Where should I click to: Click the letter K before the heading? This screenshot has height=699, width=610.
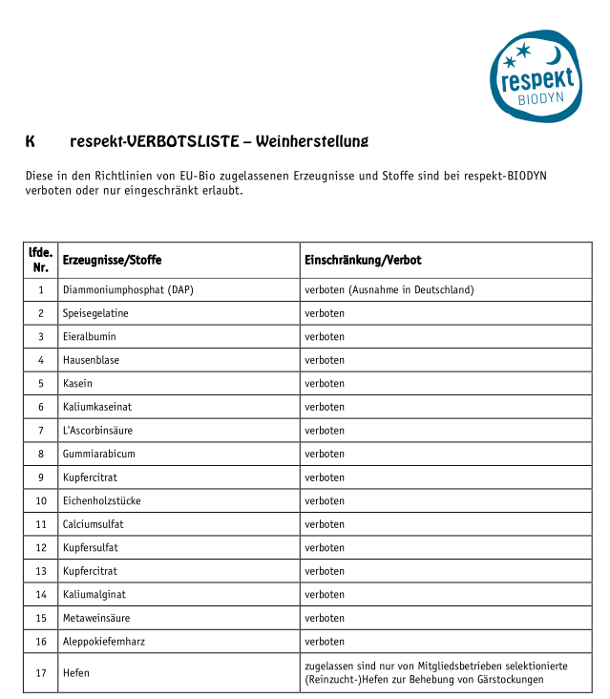[31, 142]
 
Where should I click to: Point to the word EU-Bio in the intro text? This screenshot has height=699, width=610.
[220, 176]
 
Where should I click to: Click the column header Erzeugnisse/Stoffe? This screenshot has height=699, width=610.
[112, 260]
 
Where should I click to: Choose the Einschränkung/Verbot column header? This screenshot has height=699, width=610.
[363, 260]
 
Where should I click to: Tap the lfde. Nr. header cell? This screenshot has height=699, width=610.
[41, 260]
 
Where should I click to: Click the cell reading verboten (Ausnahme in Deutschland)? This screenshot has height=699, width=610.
[389, 289]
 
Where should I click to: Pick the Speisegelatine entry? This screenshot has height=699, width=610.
[95, 313]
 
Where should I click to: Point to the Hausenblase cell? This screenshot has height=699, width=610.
[91, 360]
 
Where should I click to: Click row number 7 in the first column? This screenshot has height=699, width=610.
[41, 431]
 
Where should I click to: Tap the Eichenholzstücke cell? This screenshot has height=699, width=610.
[101, 500]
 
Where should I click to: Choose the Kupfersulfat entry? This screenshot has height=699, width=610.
[91, 548]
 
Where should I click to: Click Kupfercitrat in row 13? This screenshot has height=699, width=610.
[90, 571]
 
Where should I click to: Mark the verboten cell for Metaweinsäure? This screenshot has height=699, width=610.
[325, 618]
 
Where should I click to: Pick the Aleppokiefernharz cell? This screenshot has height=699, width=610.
[104, 642]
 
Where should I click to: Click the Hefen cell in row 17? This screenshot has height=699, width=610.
[76, 672]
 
